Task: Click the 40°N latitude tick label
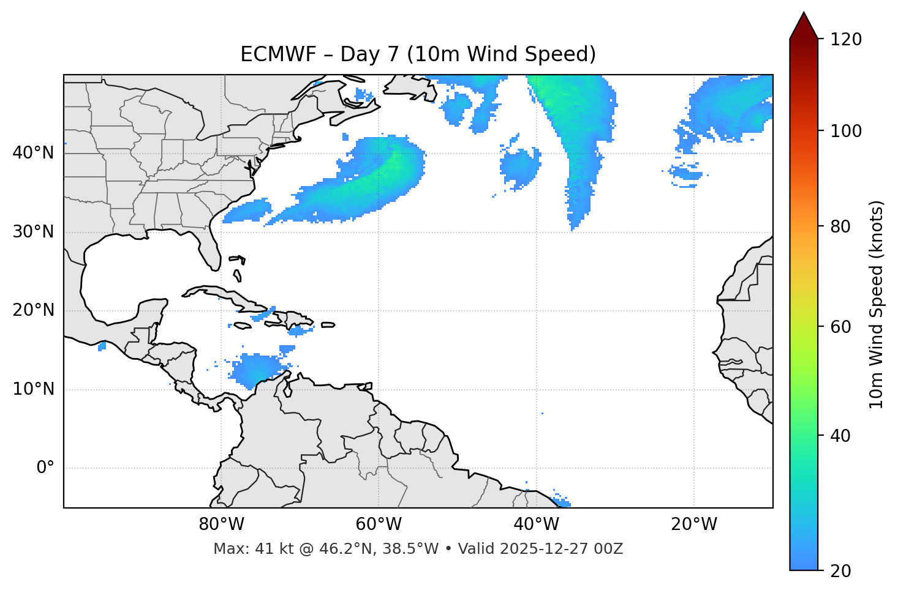click(x=33, y=153)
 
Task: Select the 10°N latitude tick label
click(x=33, y=389)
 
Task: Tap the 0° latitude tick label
click(x=45, y=468)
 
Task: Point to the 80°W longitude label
click(x=221, y=524)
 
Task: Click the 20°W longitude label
click(x=694, y=524)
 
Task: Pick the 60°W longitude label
click(x=379, y=524)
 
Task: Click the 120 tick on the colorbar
click(x=846, y=40)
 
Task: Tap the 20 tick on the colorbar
click(x=840, y=571)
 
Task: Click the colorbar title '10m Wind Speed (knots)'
click(x=877, y=305)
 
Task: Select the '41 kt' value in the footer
click(x=266, y=549)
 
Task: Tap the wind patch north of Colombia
click(x=257, y=370)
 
